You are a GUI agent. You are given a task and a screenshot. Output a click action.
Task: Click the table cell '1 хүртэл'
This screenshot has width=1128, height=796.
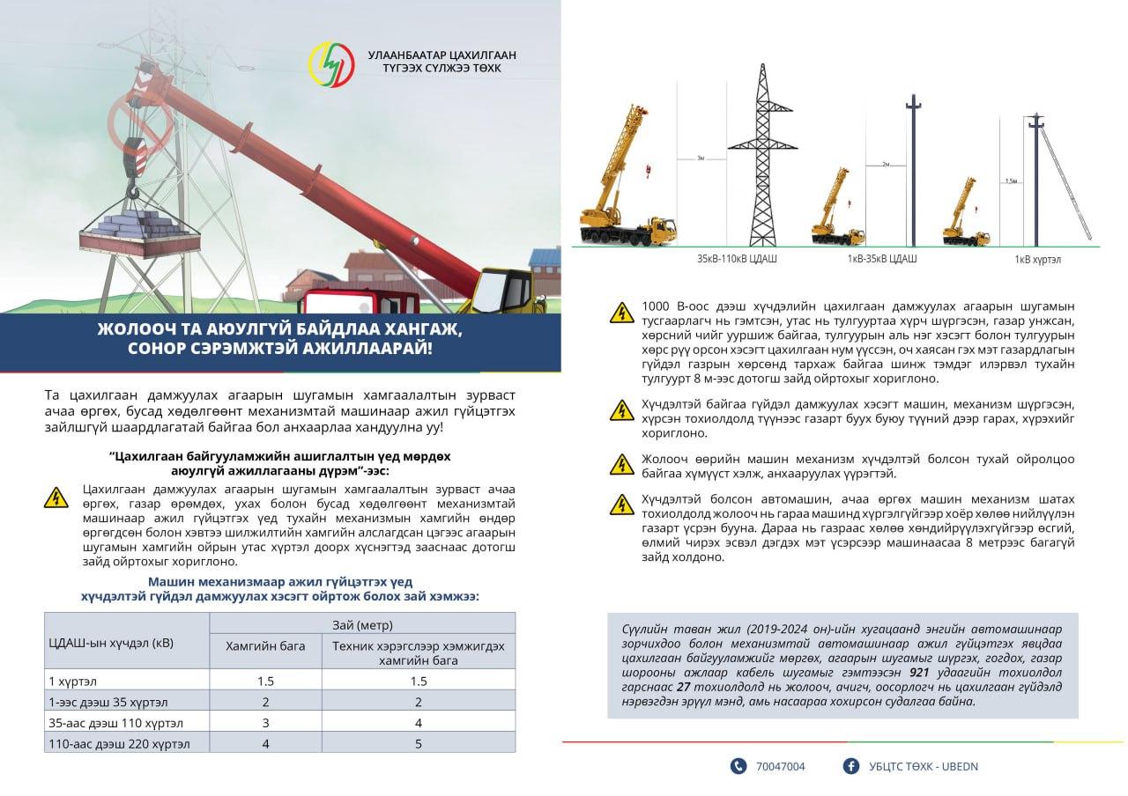point(73,681)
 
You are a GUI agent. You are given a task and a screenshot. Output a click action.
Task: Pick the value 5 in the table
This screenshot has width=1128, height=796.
point(419,744)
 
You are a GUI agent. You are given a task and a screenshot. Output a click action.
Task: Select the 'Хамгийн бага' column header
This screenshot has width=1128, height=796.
point(265,645)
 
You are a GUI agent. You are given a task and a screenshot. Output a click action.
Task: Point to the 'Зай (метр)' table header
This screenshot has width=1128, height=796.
point(361,624)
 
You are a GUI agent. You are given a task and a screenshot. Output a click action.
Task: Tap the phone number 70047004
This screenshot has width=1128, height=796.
point(780,766)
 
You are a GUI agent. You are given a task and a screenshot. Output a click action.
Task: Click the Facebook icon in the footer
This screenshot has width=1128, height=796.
point(851,766)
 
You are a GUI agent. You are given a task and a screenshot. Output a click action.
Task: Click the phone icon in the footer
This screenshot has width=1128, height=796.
point(738,766)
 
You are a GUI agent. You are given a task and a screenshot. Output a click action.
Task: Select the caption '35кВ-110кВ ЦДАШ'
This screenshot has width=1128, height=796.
point(737,260)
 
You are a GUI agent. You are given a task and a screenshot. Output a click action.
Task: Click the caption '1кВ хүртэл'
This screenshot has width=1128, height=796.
point(1038,261)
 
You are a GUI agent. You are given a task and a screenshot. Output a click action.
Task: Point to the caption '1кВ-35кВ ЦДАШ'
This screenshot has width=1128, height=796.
point(882,259)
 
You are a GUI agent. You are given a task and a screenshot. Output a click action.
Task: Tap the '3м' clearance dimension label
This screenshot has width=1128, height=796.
point(701,158)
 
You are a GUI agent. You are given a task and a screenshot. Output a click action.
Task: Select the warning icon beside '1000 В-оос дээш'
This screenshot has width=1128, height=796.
point(622,313)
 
